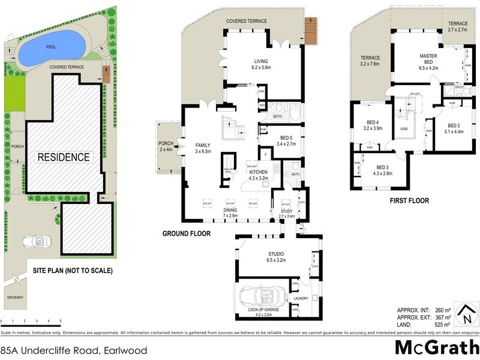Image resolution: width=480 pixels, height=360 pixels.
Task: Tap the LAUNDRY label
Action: tap(300, 298)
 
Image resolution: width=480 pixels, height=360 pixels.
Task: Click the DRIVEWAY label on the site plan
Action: tap(16, 297)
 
